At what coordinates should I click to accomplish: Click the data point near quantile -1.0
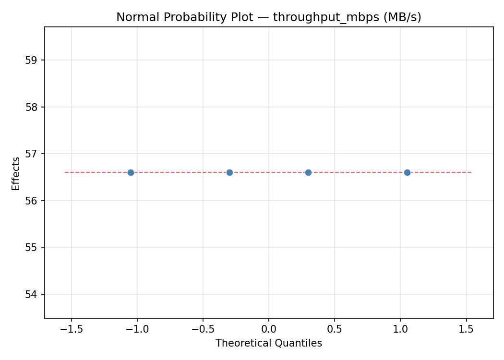pos(131,172)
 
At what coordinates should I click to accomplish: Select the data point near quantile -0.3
pos(229,172)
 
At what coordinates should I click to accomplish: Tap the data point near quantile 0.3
pos(308,172)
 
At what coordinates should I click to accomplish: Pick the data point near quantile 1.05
pos(407,172)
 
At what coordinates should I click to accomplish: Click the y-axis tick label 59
pos(32,60)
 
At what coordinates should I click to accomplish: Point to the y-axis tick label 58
pos(32,107)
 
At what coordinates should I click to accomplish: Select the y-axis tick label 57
pos(32,154)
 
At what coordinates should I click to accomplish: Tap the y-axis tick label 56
pos(32,201)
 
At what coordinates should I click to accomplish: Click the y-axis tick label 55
pos(32,247)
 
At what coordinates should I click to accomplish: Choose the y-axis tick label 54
pos(32,294)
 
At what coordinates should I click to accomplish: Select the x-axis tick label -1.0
pos(137,329)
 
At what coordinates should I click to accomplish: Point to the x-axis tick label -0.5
pos(203,329)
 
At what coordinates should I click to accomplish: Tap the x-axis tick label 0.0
pos(269,329)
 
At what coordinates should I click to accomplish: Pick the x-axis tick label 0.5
pos(335,329)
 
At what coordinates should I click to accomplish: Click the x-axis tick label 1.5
pos(466,329)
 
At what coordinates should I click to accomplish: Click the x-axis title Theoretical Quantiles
pos(269,343)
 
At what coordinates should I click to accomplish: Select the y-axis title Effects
pos(16,173)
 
